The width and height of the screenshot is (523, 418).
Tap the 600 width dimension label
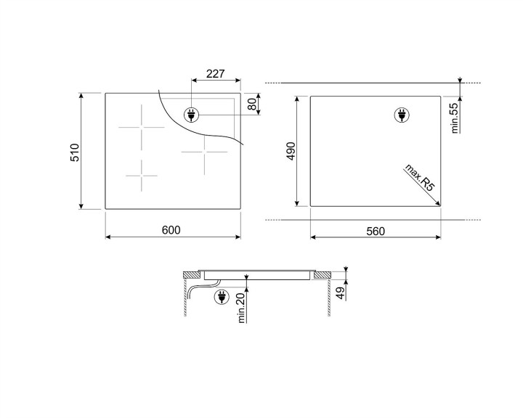coord(171,230)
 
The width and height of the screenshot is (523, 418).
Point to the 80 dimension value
coord(252,104)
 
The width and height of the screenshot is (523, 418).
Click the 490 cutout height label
coord(290,151)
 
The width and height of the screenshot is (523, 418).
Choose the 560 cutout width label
coord(375,231)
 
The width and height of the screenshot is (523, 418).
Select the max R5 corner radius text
coord(420,179)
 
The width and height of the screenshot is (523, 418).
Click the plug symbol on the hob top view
coord(192,114)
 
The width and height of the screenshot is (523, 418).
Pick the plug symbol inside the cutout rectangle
coord(400,115)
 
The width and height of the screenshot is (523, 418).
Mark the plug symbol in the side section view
coord(222,297)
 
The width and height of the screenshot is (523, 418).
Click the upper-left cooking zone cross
coord(142,126)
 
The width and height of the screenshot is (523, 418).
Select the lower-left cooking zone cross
coord(142,175)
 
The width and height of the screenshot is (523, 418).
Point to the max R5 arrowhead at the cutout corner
coord(437,204)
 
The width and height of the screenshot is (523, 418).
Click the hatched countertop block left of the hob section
coord(192,274)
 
